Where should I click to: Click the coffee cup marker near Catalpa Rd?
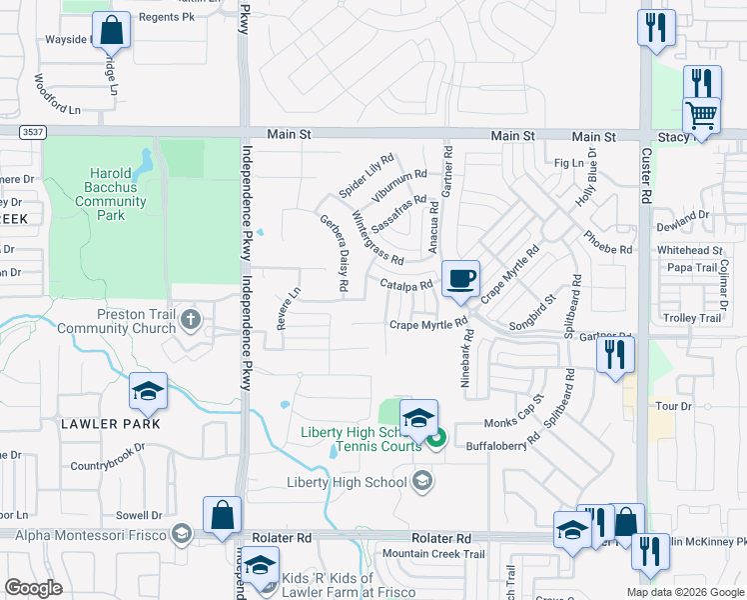(x=459, y=278)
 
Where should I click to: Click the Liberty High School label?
(x=347, y=482)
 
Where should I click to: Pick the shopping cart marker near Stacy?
(x=702, y=116)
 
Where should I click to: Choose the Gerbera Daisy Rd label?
(x=334, y=254)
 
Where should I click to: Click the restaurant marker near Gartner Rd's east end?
(x=615, y=354)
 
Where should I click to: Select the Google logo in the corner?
(x=34, y=588)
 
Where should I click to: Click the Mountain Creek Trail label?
(x=433, y=554)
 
